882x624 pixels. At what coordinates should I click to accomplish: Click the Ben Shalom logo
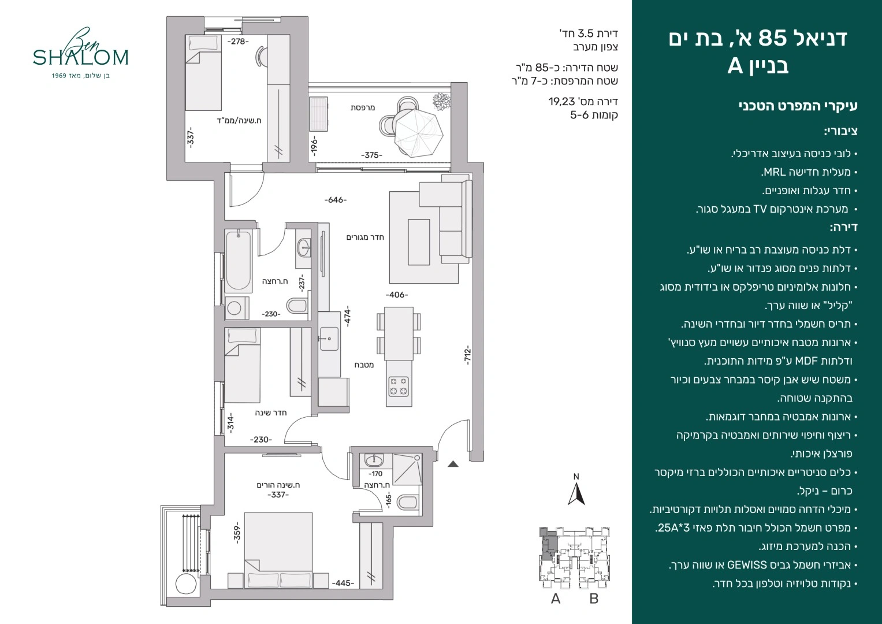80,53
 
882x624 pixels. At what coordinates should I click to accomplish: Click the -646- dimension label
336,200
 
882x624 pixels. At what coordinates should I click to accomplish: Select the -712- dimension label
467,355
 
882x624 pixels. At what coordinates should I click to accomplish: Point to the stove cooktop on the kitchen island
399,386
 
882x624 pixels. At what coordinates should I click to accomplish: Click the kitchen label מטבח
364,365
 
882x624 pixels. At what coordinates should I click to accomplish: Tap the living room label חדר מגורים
365,237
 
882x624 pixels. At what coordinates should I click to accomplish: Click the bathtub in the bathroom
238,261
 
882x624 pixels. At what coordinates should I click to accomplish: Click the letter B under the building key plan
594,599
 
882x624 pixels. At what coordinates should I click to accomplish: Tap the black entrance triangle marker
453,464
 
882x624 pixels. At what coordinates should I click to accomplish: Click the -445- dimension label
343,583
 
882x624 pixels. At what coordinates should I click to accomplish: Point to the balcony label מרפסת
363,107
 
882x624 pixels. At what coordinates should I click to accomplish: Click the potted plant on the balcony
442,101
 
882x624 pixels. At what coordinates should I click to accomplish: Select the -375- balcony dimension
372,155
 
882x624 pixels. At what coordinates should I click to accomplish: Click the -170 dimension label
375,474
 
